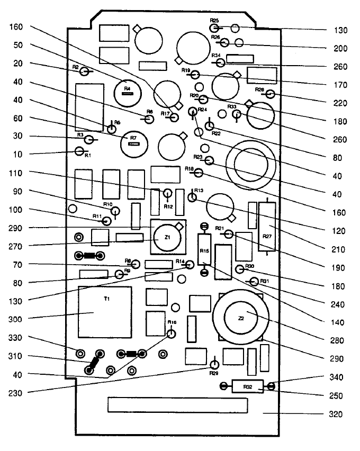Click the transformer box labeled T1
[x=105, y=312]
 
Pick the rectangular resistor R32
[x=247, y=387]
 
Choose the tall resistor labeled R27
[x=267, y=228]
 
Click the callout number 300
[x=19, y=319]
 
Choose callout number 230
[x=19, y=393]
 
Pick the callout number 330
[x=19, y=338]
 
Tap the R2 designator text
[x=76, y=67]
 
